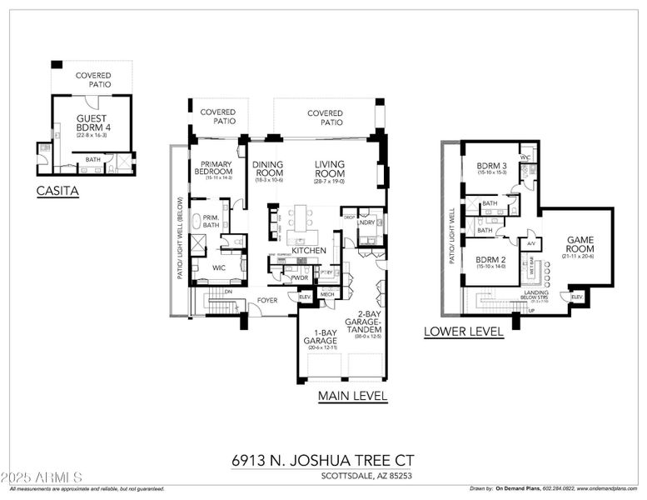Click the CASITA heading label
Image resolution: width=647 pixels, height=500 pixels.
[57, 191]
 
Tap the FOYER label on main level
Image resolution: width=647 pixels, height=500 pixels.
[266, 300]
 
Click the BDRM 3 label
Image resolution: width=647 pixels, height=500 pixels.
[491, 167]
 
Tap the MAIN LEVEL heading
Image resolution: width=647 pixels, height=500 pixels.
[352, 397]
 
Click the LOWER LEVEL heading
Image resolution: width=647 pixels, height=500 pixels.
[463, 331]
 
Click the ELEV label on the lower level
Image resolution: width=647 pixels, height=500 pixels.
[576, 297]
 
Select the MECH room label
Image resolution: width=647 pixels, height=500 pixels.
[327, 294]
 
